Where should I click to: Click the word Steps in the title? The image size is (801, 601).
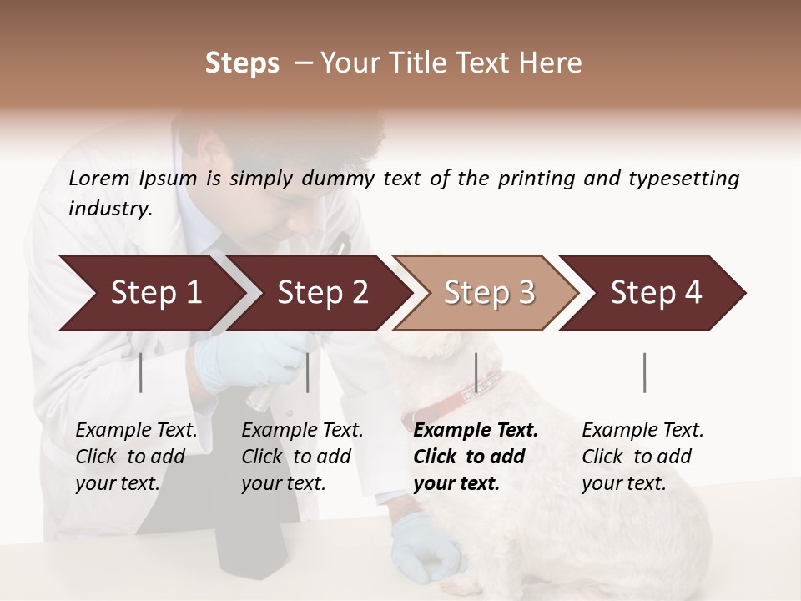click(x=242, y=63)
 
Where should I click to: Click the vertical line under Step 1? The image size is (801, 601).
click(x=141, y=372)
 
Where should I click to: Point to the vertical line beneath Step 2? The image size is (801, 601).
click(x=308, y=372)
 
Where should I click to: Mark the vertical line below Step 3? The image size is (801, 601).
click(x=476, y=372)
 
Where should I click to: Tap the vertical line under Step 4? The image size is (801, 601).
click(x=644, y=372)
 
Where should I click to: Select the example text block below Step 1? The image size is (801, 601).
click(x=136, y=457)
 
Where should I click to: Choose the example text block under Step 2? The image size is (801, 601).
click(x=302, y=457)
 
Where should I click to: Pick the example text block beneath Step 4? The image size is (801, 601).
click(x=642, y=457)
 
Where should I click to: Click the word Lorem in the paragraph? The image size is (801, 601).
click(x=99, y=179)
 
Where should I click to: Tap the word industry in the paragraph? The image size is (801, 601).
click(x=110, y=209)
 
